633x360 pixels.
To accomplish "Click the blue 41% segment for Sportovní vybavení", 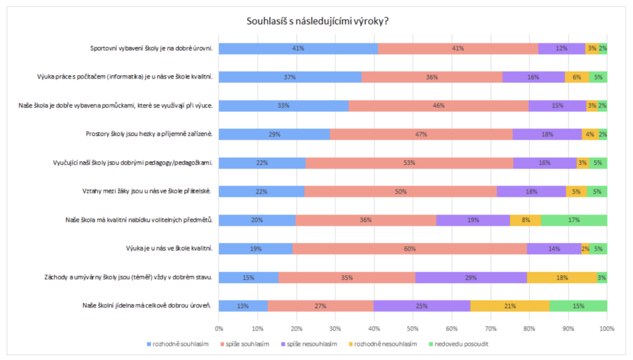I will (298, 49).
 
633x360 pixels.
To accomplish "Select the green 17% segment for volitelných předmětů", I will (574, 220).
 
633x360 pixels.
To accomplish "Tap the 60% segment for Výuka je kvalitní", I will (409, 249).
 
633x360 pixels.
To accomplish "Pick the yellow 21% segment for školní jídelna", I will (510, 306).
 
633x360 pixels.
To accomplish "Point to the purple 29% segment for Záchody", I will (470, 277).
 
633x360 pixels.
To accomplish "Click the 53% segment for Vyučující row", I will (409, 163).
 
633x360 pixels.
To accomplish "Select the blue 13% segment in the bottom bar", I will (243, 306).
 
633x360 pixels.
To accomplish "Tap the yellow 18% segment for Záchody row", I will (562, 277).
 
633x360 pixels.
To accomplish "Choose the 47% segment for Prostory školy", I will (421, 134).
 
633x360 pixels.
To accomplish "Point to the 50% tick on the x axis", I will (413, 328).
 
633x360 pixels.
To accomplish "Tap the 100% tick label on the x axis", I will (606, 328).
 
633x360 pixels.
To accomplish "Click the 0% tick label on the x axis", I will (219, 328).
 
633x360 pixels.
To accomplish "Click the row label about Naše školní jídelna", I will (147, 306).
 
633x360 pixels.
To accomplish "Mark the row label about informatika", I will (125, 77).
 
